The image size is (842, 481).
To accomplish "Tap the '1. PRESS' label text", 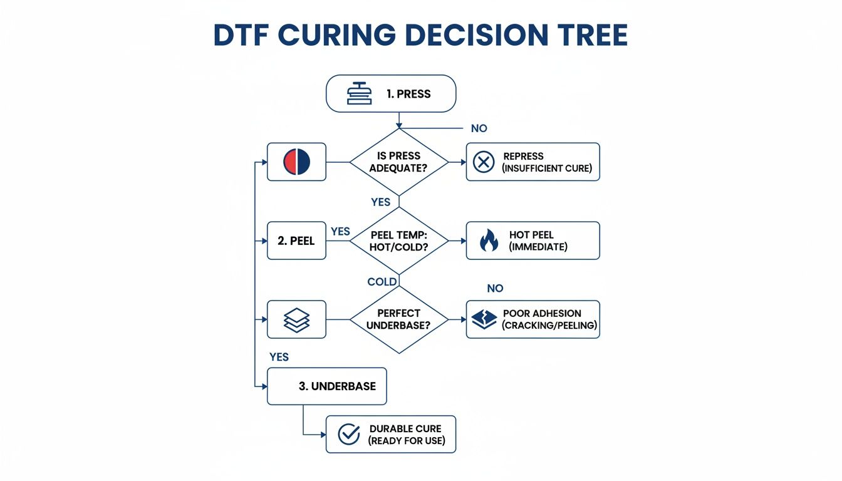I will [408, 95].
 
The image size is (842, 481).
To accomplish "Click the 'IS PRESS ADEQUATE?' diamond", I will [399, 162].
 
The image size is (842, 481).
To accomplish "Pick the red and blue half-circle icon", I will [296, 162].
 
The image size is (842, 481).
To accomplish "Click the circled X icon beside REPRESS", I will [483, 162].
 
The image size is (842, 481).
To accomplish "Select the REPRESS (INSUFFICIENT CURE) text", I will [547, 162].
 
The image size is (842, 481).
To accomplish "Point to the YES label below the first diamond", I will [380, 202].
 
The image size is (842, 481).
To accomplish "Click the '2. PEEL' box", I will [296, 240].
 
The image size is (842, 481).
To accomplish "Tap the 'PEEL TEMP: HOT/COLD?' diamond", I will [399, 240].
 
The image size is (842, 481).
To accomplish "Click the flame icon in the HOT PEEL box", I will [488, 240].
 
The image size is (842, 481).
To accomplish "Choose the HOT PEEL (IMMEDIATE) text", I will [538, 240].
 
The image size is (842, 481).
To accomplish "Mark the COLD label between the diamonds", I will [382, 282].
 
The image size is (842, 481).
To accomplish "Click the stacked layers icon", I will [296, 320].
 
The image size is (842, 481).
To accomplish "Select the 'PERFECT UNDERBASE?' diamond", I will [399, 319].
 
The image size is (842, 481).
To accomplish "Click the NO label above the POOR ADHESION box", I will [495, 289].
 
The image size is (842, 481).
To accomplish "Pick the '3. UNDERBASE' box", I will [327, 386].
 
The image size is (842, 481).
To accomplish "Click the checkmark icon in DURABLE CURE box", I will [348, 434].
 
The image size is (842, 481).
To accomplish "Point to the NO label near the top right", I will [479, 128].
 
